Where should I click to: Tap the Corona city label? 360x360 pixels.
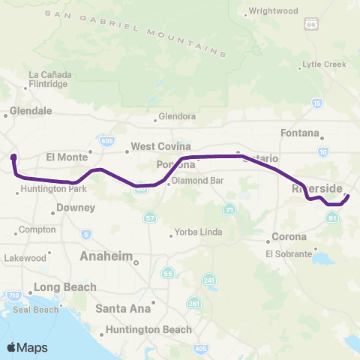[289, 237]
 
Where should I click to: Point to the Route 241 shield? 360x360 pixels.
[210, 280]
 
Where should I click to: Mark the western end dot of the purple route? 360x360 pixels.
[13, 157]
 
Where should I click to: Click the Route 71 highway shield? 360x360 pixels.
[230, 209]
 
